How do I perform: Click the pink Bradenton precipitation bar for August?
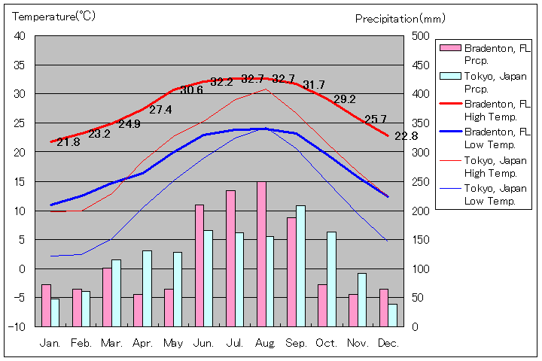coord(261,253)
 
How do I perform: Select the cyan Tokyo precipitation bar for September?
coord(300,265)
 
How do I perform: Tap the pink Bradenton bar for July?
coord(230,258)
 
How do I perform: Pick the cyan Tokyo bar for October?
coord(331,279)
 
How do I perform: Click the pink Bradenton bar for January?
coord(46,305)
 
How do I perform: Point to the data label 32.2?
coord(222,81)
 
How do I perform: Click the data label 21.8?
coord(68,141)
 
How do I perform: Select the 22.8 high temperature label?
coord(406,136)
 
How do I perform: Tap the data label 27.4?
coord(160,110)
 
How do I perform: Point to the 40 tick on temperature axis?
coord(20,36)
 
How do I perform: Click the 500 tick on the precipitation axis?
coord(421,36)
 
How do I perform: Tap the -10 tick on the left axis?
coord(17,326)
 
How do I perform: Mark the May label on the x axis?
coord(173,343)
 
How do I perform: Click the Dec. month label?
coord(388,343)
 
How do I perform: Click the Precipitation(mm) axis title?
coord(400,18)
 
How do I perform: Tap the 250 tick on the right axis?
coord(421,181)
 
